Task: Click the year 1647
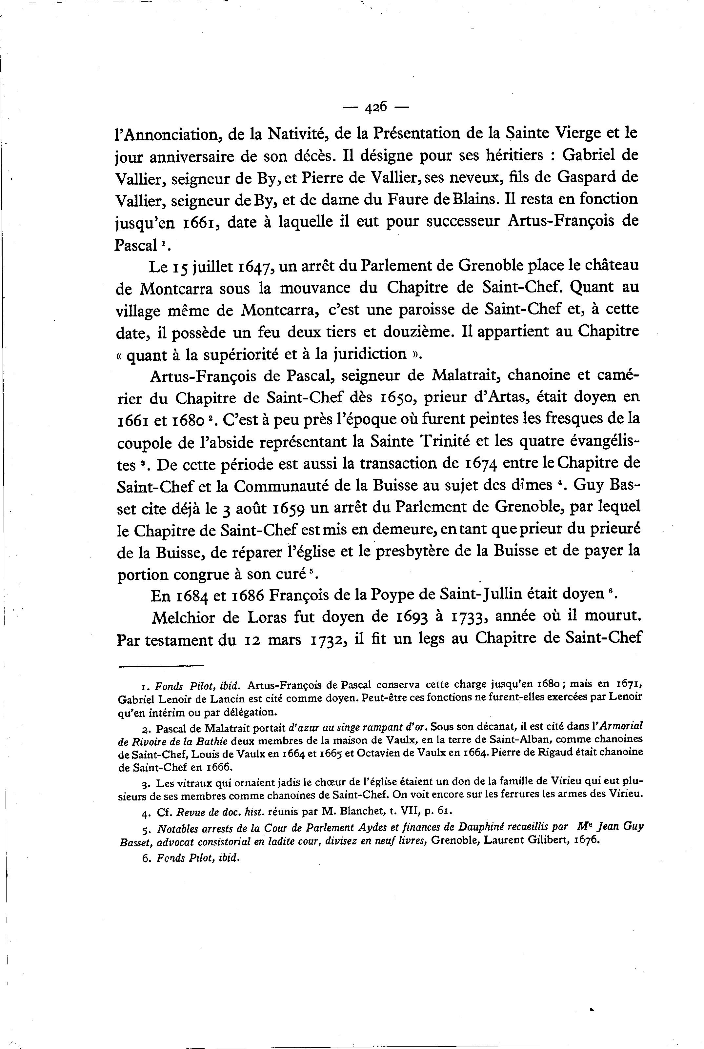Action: point(254,267)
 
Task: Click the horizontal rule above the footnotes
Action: point(161,666)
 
